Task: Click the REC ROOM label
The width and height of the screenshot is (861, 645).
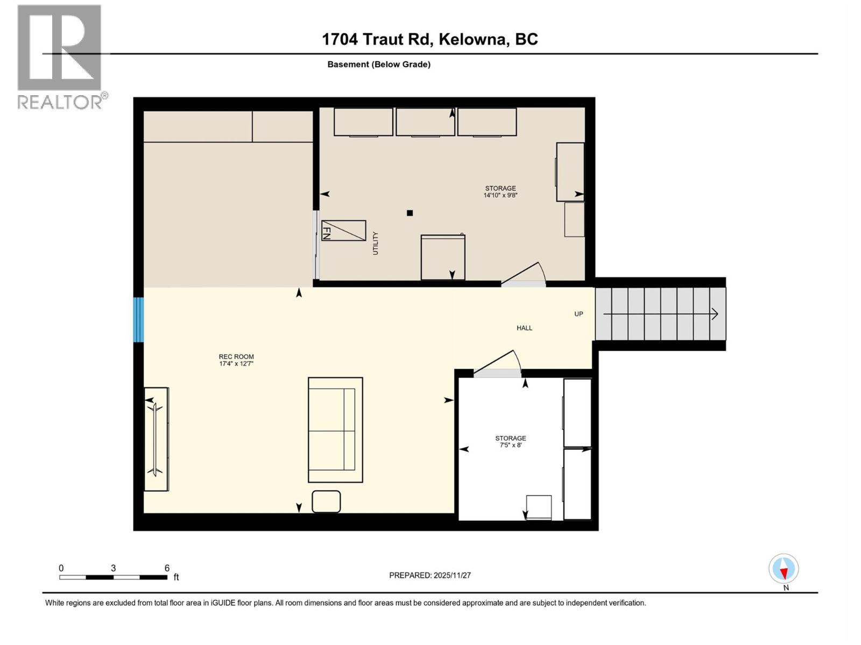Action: pyautogui.click(x=236, y=356)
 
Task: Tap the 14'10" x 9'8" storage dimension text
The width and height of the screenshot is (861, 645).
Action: pyautogui.click(x=500, y=196)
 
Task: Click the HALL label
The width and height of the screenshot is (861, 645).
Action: pyautogui.click(x=524, y=328)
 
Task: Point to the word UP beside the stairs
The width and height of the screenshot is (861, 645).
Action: pyautogui.click(x=578, y=314)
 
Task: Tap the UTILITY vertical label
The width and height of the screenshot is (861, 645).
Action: pyautogui.click(x=376, y=243)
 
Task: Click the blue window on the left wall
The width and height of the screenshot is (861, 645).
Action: pyautogui.click(x=139, y=319)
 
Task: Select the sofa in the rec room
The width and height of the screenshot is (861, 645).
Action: pyautogui.click(x=335, y=429)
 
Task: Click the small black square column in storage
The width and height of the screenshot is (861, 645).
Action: pyautogui.click(x=410, y=213)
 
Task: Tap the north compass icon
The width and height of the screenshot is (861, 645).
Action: pyautogui.click(x=784, y=569)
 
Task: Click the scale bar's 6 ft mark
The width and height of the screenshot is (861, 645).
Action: pyautogui.click(x=167, y=568)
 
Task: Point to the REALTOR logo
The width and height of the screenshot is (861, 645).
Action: pyautogui.click(x=60, y=56)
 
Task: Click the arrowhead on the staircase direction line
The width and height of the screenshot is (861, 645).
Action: pyautogui.click(x=715, y=314)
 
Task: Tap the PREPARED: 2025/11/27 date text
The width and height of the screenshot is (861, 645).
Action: pyautogui.click(x=430, y=575)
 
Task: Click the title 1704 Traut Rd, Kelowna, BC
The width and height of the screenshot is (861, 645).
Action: pyautogui.click(x=429, y=39)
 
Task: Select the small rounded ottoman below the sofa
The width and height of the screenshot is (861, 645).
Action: pyautogui.click(x=326, y=501)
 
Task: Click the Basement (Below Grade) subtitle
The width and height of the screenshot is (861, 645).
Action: pyautogui.click(x=379, y=64)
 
